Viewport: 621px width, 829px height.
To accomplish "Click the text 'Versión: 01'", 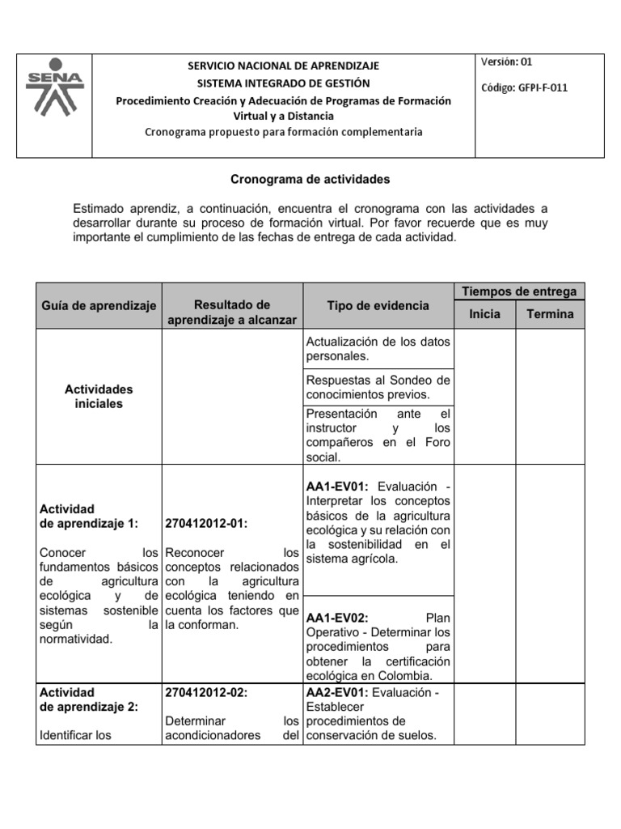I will [507, 62].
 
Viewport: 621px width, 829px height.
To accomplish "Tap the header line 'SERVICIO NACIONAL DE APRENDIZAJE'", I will [283, 66].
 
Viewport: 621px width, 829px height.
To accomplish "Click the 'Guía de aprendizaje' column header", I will [99, 305].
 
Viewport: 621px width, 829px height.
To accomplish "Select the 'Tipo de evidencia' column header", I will [378, 305].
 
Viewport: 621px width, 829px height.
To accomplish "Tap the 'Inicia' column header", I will [484, 314].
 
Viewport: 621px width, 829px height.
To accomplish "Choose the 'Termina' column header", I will [550, 314].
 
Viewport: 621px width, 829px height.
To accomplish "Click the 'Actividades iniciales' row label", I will [99, 397].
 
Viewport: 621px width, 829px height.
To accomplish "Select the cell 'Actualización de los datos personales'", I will [378, 348].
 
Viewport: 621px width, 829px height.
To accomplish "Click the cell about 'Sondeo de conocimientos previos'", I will [378, 387].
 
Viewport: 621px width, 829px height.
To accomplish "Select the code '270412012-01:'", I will [205, 524].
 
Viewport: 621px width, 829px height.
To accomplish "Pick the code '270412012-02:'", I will [205, 692].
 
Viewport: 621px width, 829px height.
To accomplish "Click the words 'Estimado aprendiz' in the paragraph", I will [120, 209].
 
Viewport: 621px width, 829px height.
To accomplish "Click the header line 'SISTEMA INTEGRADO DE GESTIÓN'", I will [283, 83].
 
